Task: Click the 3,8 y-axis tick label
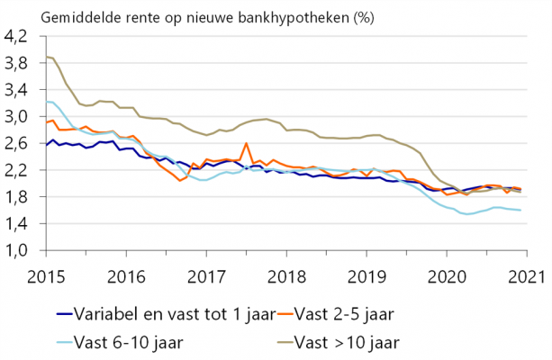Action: tap(17, 64)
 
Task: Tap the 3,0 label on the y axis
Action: tap(17, 117)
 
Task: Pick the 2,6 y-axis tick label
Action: tap(17, 144)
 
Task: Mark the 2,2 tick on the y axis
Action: tap(17, 170)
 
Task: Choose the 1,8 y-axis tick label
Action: tap(17, 197)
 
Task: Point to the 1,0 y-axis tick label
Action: tap(17, 250)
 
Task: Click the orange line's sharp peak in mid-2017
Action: tap(247, 143)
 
